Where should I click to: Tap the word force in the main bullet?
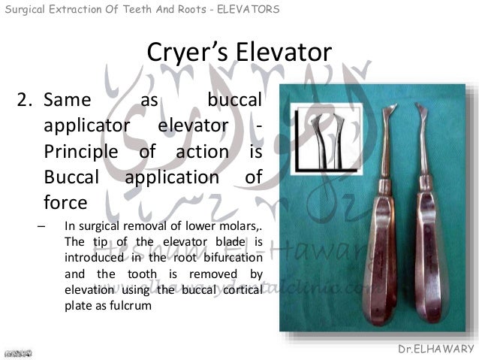[x=65, y=203]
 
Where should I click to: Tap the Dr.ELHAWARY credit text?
[x=438, y=349]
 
